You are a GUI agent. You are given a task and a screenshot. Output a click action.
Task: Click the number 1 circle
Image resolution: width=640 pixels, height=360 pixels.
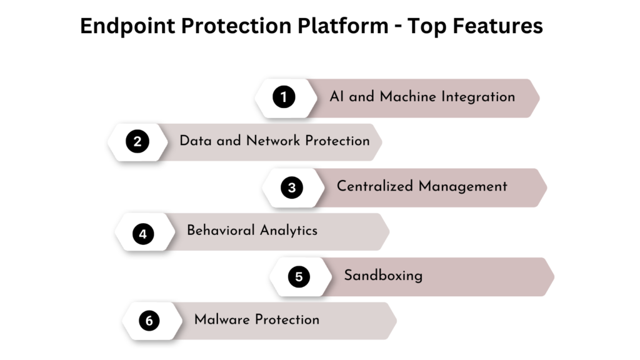pos(284,97)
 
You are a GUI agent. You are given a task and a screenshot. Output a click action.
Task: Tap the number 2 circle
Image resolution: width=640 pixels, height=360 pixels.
pos(137,141)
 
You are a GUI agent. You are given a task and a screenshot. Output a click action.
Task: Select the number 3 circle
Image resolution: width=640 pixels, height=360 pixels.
pos(291,187)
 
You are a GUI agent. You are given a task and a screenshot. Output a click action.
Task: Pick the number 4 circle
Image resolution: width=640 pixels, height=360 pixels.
pos(143,234)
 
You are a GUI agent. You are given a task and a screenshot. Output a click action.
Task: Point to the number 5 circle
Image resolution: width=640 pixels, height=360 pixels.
pos(299,276)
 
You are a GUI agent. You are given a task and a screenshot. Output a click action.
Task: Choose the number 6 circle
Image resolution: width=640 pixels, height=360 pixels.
pos(149,321)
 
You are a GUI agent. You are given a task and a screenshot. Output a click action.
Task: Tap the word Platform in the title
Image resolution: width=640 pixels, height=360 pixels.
pos(343,26)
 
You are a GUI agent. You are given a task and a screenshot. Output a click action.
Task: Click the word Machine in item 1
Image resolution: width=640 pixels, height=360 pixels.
pos(407,97)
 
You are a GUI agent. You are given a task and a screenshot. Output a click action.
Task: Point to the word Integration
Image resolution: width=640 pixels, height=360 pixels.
pos(478,97)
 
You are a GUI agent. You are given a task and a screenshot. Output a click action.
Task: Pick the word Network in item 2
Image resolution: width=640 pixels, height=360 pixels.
pos(272,141)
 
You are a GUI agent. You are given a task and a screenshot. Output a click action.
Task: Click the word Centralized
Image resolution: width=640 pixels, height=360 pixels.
pos(375,186)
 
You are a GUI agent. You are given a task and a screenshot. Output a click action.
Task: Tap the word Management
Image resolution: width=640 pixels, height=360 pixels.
pos(463,186)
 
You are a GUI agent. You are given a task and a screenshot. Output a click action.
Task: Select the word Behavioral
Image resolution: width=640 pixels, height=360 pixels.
pos(221,230)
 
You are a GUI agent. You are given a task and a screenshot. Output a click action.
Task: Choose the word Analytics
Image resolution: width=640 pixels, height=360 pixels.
pos(289,231)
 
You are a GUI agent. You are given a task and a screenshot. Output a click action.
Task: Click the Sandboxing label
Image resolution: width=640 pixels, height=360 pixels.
pos(383,276)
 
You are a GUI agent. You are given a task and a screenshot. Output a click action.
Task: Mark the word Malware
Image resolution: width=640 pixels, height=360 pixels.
pos(222,319)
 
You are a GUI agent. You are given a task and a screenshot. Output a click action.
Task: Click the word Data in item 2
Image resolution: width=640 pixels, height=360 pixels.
pos(196,141)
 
